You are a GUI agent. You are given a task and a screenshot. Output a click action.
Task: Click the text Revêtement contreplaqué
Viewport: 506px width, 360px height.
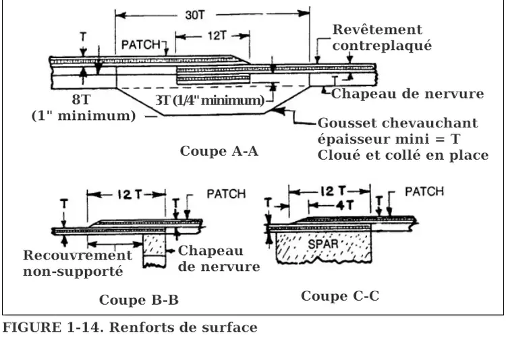pos(381,38)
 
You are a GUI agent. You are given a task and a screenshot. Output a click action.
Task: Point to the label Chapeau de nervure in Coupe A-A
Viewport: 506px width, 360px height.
pos(407,94)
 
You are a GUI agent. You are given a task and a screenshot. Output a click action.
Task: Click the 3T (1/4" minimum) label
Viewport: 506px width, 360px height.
pos(209,100)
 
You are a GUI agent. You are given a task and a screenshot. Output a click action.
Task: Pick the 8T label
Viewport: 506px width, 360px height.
pos(81,100)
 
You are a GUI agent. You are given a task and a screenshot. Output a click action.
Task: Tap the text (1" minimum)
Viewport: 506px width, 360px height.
pos(84,115)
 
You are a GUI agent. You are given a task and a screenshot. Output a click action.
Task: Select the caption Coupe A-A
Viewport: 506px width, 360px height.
pos(219,151)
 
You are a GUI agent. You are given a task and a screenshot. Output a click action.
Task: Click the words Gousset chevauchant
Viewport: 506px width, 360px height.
pos(397,123)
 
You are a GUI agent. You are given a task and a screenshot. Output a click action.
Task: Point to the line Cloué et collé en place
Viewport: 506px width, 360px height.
pos(403,155)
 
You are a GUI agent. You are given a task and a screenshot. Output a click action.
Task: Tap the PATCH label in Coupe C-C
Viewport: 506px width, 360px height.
pos(424,191)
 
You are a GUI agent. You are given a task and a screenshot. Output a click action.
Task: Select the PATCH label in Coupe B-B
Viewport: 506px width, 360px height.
pos(225,194)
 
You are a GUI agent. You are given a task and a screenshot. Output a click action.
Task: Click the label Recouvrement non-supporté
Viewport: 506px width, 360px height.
pos(77,264)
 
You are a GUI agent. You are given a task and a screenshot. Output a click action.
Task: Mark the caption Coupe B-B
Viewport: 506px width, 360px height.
pos(139,300)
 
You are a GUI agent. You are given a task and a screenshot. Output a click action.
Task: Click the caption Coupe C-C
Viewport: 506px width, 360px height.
pos(340,296)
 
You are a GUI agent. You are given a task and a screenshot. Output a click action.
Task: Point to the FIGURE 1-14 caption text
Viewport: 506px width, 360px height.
pos(130,328)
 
